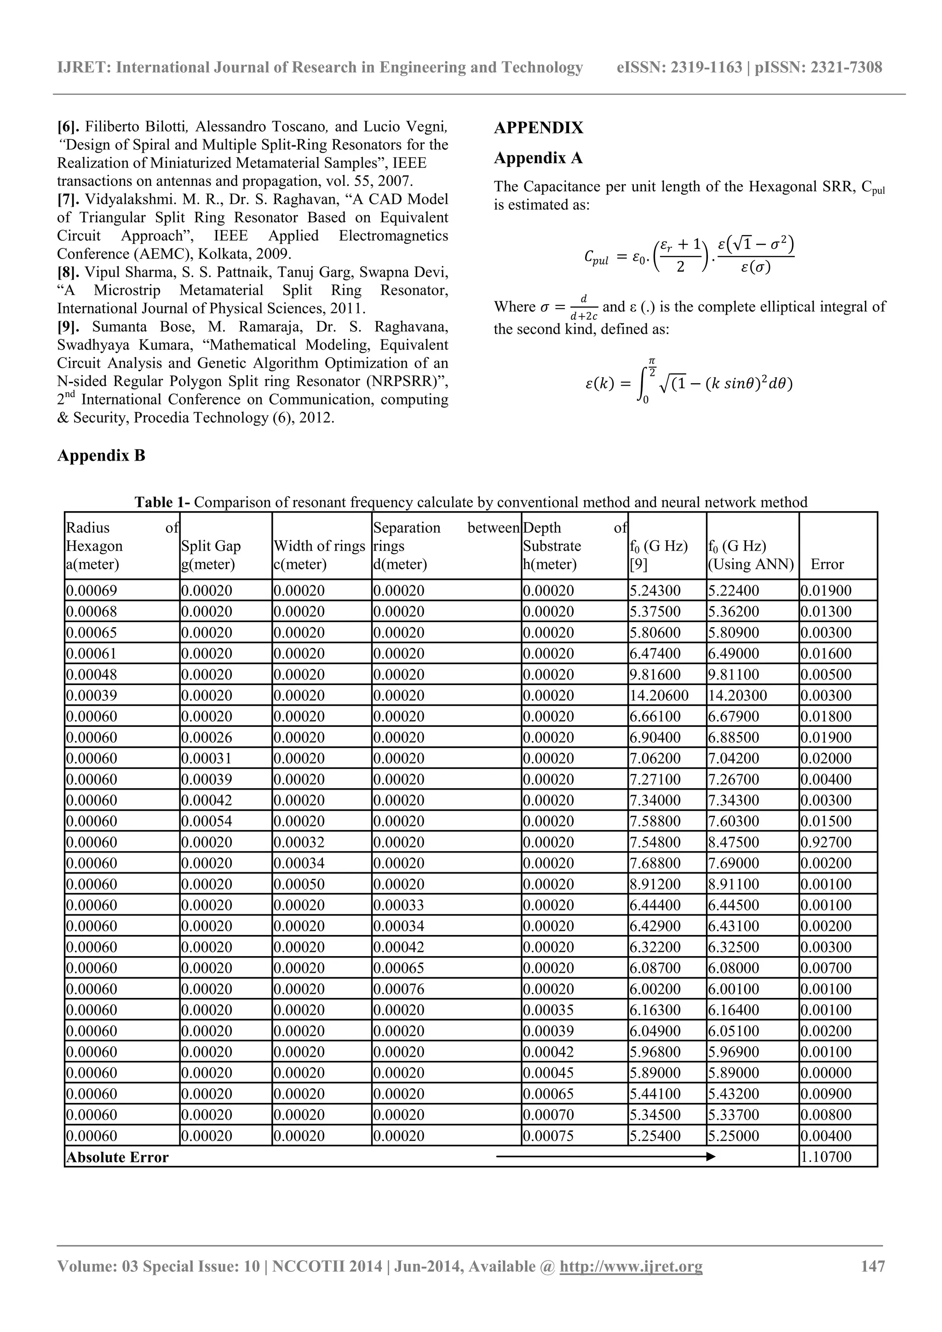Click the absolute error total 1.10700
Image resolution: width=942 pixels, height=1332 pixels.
tap(826, 1157)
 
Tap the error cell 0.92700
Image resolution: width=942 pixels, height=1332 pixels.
tap(826, 842)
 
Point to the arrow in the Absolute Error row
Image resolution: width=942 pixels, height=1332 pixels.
tap(606, 1157)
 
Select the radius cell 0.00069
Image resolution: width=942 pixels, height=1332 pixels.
tap(92, 591)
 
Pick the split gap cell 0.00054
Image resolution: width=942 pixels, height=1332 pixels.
tap(207, 821)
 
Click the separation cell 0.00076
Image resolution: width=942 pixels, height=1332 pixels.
tap(399, 989)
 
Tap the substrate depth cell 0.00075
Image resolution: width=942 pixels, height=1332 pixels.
tap(548, 1136)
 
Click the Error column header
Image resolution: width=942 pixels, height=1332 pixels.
tap(827, 565)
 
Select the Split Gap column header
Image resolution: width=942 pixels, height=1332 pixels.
tap(211, 546)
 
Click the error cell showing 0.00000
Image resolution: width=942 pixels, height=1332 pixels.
tap(826, 1073)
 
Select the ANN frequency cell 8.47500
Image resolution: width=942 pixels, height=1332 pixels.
tap(733, 842)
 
